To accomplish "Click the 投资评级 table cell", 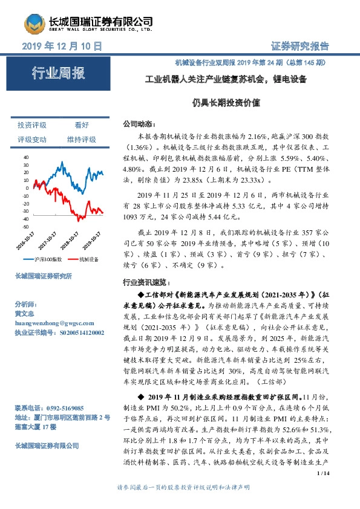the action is [32, 125].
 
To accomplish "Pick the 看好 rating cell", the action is [82, 125].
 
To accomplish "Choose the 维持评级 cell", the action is [82, 140].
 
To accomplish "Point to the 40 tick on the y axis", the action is [25, 157].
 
